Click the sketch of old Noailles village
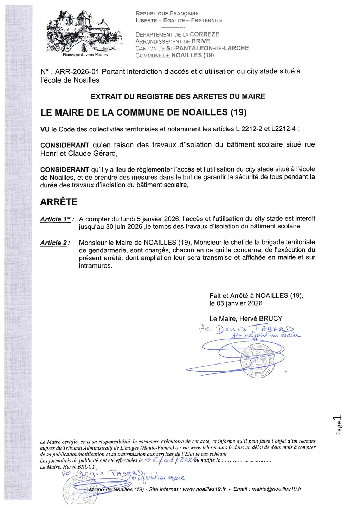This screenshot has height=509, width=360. (84, 32)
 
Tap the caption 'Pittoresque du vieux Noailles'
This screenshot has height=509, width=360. (85, 55)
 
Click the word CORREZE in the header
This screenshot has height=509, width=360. (204, 34)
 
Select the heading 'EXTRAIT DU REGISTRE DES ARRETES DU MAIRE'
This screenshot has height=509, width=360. (178, 96)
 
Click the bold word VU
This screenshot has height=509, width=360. (45, 129)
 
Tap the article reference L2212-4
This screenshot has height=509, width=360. (284, 129)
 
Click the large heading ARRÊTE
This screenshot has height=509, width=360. (59, 202)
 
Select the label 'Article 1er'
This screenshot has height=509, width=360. (56, 219)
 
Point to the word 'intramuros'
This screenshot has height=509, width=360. (95, 266)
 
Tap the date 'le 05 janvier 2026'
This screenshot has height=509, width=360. (236, 303)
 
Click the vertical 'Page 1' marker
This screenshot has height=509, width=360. (338, 425)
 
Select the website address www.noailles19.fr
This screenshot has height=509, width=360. (204, 489)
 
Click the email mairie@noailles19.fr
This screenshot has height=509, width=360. (277, 489)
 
